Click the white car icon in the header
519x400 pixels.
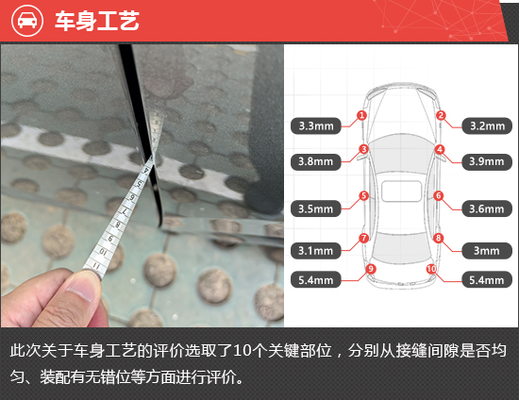pyautogui.click(x=27, y=21)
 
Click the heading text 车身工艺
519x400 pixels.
pyautogui.click(x=97, y=21)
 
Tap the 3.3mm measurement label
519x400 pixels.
pyautogui.click(x=316, y=126)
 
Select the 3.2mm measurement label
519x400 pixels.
pyautogui.click(x=487, y=126)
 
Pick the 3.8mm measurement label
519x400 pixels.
pyautogui.click(x=316, y=161)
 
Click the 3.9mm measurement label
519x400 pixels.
pyautogui.click(x=487, y=161)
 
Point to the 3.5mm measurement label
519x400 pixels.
pyautogui.click(x=316, y=208)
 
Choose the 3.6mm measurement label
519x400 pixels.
pyautogui.click(x=487, y=208)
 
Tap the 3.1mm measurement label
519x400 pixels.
pyautogui.click(x=316, y=251)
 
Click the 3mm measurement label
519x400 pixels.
pyautogui.click(x=487, y=251)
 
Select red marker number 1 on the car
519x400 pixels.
pyautogui.click(x=361, y=115)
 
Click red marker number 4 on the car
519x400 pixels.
pyautogui.click(x=440, y=150)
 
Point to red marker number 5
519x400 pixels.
pyautogui.click(x=363, y=195)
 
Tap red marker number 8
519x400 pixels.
pyautogui.click(x=438, y=238)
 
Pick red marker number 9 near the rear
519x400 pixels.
pyautogui.click(x=371, y=269)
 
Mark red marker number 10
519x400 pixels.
pyautogui.click(x=431, y=269)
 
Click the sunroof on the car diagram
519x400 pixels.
pyautogui.click(x=401, y=192)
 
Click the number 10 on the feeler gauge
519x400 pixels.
pyautogui.click(x=103, y=252)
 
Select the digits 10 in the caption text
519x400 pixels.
pyautogui.click(x=242, y=351)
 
